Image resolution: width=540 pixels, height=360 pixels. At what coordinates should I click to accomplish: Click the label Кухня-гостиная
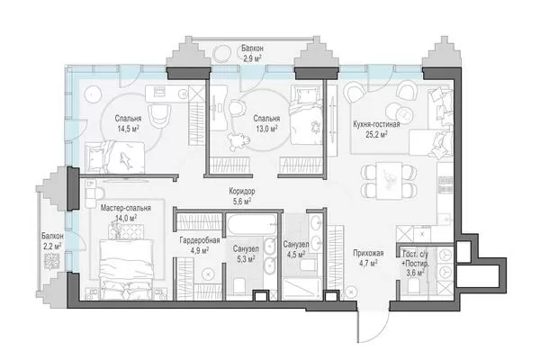[376, 124]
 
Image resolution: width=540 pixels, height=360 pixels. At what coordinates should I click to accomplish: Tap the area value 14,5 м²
[128, 129]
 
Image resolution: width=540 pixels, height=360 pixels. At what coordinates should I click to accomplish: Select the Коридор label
[242, 191]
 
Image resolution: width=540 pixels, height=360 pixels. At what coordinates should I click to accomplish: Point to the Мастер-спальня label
[126, 208]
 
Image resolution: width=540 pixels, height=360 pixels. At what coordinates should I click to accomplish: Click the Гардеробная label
[200, 240]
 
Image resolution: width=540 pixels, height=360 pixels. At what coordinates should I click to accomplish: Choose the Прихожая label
[368, 254]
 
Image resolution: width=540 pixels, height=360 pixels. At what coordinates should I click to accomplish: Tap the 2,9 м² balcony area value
[252, 58]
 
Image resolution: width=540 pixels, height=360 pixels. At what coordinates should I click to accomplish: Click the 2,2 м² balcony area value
[52, 247]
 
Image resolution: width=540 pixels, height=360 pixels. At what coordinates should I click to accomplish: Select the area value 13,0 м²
[266, 129]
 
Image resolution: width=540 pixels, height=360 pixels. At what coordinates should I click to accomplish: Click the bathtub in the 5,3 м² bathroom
[252, 224]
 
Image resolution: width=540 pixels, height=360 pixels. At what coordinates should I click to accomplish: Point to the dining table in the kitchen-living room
[389, 181]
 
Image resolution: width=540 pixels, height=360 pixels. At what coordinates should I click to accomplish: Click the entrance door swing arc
[378, 332]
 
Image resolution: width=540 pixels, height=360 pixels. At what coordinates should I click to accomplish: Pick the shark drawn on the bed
[126, 160]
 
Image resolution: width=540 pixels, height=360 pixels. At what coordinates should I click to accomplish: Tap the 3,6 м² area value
[415, 273]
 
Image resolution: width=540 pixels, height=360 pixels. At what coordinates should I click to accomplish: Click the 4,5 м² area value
[296, 255]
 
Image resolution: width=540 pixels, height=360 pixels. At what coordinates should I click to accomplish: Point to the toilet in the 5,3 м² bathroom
[239, 285]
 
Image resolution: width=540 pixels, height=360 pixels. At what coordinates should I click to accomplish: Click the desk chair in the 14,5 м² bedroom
[159, 114]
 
